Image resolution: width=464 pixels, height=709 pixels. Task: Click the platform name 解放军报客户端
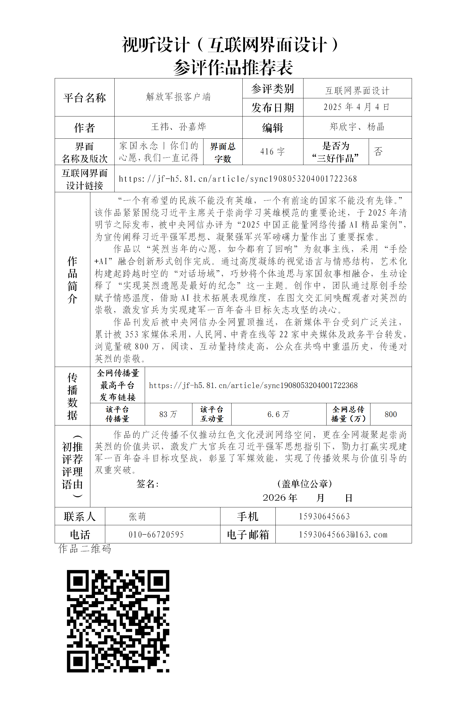tap(178, 97)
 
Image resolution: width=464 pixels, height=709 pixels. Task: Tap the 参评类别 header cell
tap(272, 89)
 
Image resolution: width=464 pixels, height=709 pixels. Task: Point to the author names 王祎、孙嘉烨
tap(178, 127)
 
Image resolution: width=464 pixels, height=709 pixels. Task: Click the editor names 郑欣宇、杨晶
tap(357, 127)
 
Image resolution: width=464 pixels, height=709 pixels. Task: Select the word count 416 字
tap(272, 152)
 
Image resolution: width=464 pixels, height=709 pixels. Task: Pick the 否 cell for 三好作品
tap(378, 152)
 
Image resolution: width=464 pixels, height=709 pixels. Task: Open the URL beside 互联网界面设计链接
tap(237, 179)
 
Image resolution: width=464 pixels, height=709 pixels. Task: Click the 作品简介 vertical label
tap(72, 279)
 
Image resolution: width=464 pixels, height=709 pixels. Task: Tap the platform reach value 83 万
tap(168, 414)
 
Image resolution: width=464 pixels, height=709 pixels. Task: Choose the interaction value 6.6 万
tap(278, 414)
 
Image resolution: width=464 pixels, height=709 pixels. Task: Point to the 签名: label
tap(147, 484)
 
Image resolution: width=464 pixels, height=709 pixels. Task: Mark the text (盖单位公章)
tap(304, 484)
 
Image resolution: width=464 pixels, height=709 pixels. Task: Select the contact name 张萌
tap(137, 516)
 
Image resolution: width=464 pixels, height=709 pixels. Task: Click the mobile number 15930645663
tap(324, 516)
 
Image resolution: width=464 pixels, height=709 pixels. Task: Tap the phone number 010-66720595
tap(156, 535)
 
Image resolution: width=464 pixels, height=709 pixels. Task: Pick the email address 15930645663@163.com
tap(343, 535)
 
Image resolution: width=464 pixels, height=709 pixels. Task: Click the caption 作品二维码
tap(84, 549)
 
